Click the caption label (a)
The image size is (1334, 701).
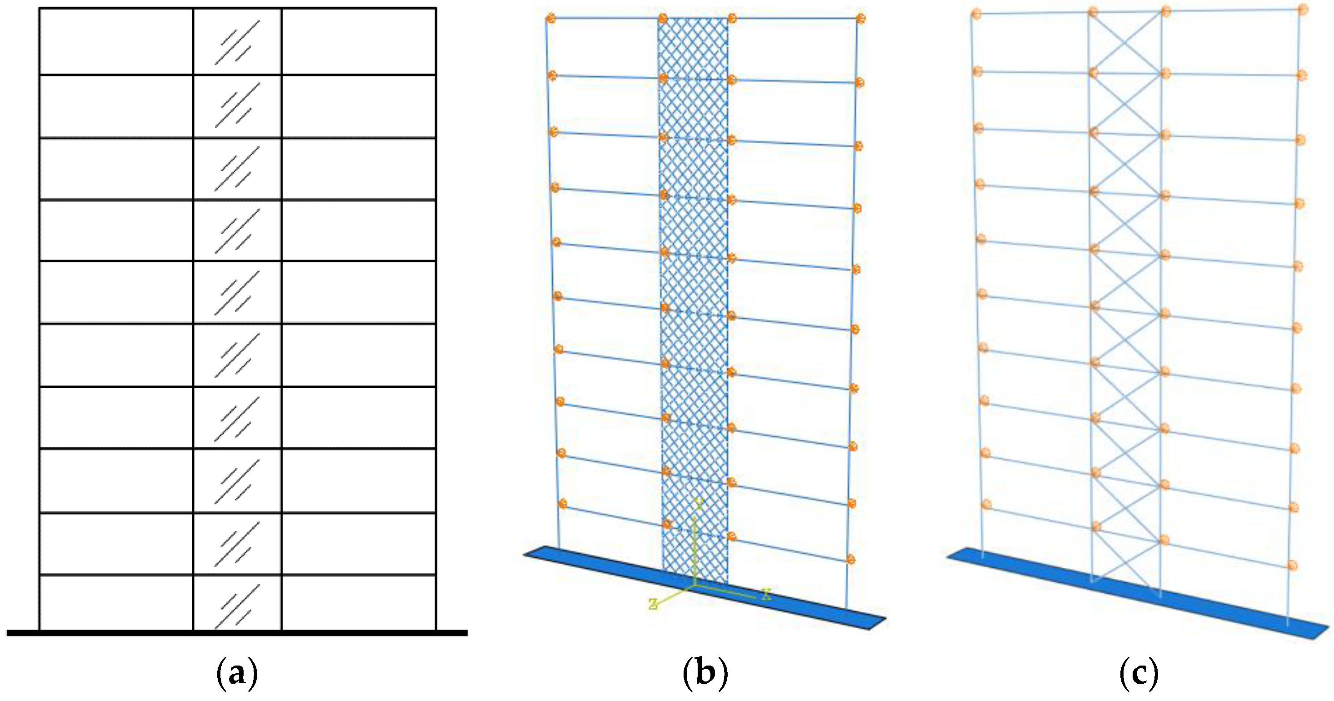[x=237, y=674]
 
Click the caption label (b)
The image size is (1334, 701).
[x=705, y=674]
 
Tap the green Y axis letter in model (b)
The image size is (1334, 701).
[x=699, y=504]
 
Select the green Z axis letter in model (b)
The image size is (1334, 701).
[x=654, y=604]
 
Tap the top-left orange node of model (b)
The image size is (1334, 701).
[x=550, y=19]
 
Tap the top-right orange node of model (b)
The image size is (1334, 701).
[x=861, y=19]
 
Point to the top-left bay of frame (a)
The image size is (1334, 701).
[x=116, y=41]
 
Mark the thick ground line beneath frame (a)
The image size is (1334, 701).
[x=237, y=633]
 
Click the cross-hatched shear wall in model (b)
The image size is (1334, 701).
[x=694, y=259]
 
